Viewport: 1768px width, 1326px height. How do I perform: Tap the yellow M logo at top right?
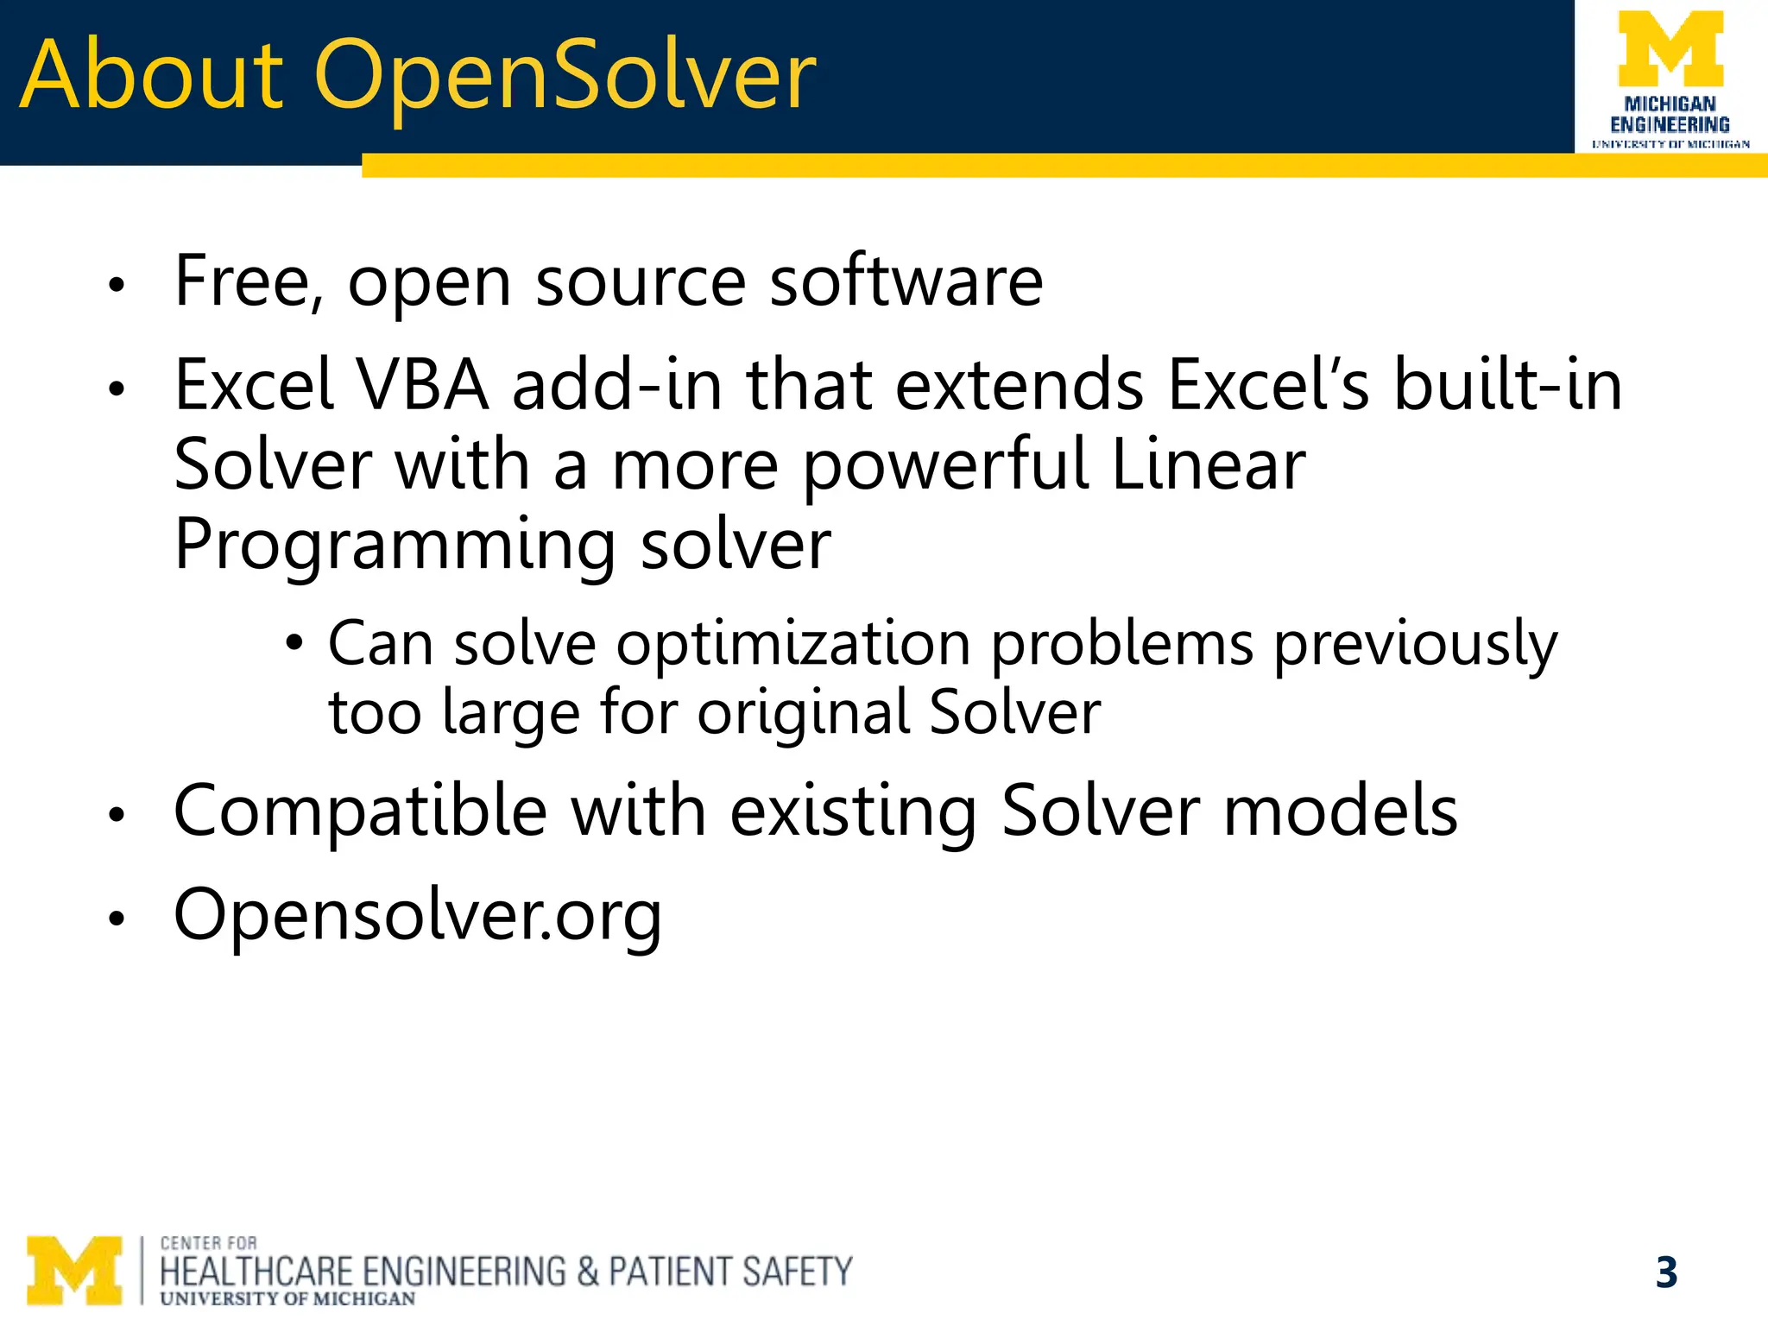[1670, 50]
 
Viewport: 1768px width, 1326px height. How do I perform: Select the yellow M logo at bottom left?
[74, 1270]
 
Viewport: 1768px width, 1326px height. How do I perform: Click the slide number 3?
[1666, 1272]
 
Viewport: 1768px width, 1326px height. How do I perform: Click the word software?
[906, 282]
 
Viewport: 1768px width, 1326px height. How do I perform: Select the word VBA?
[423, 385]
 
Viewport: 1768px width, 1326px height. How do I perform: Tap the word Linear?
[1209, 464]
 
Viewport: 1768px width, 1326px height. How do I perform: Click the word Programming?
[395, 546]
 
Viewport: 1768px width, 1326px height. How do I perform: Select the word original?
[803, 714]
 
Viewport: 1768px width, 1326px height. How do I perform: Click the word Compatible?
[360, 811]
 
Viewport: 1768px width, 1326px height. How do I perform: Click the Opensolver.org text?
[418, 915]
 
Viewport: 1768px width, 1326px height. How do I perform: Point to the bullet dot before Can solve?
[295, 643]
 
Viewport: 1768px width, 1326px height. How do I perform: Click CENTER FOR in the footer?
[209, 1243]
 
